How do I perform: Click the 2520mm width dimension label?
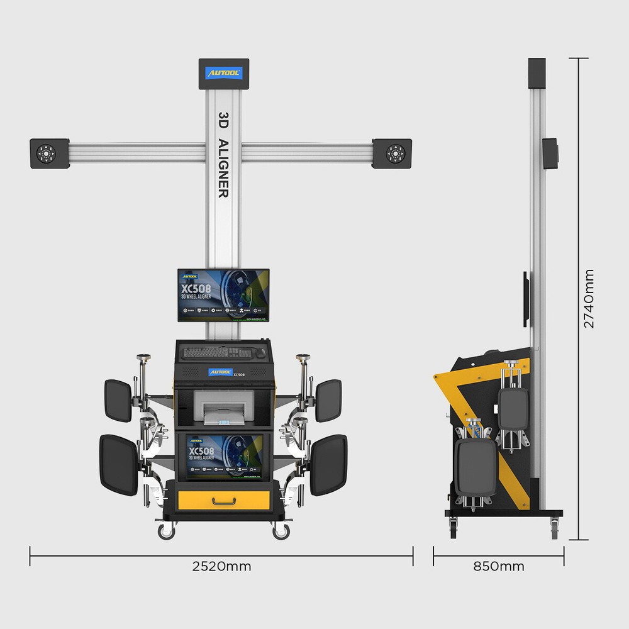pos(221,566)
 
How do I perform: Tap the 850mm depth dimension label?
pos(498,566)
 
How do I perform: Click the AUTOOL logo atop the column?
pos(223,74)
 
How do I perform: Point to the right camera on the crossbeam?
pos(394,153)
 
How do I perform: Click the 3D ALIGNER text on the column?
pos(223,155)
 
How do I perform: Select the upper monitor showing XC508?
pos(223,294)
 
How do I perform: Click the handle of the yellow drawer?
pos(224,501)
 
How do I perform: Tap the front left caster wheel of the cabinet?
pos(166,532)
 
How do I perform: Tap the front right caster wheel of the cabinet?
pos(281,532)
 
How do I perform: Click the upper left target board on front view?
pos(118,400)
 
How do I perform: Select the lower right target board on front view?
pos(328,465)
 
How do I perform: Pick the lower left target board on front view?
pos(118,465)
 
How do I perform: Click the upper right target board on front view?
pos(328,400)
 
